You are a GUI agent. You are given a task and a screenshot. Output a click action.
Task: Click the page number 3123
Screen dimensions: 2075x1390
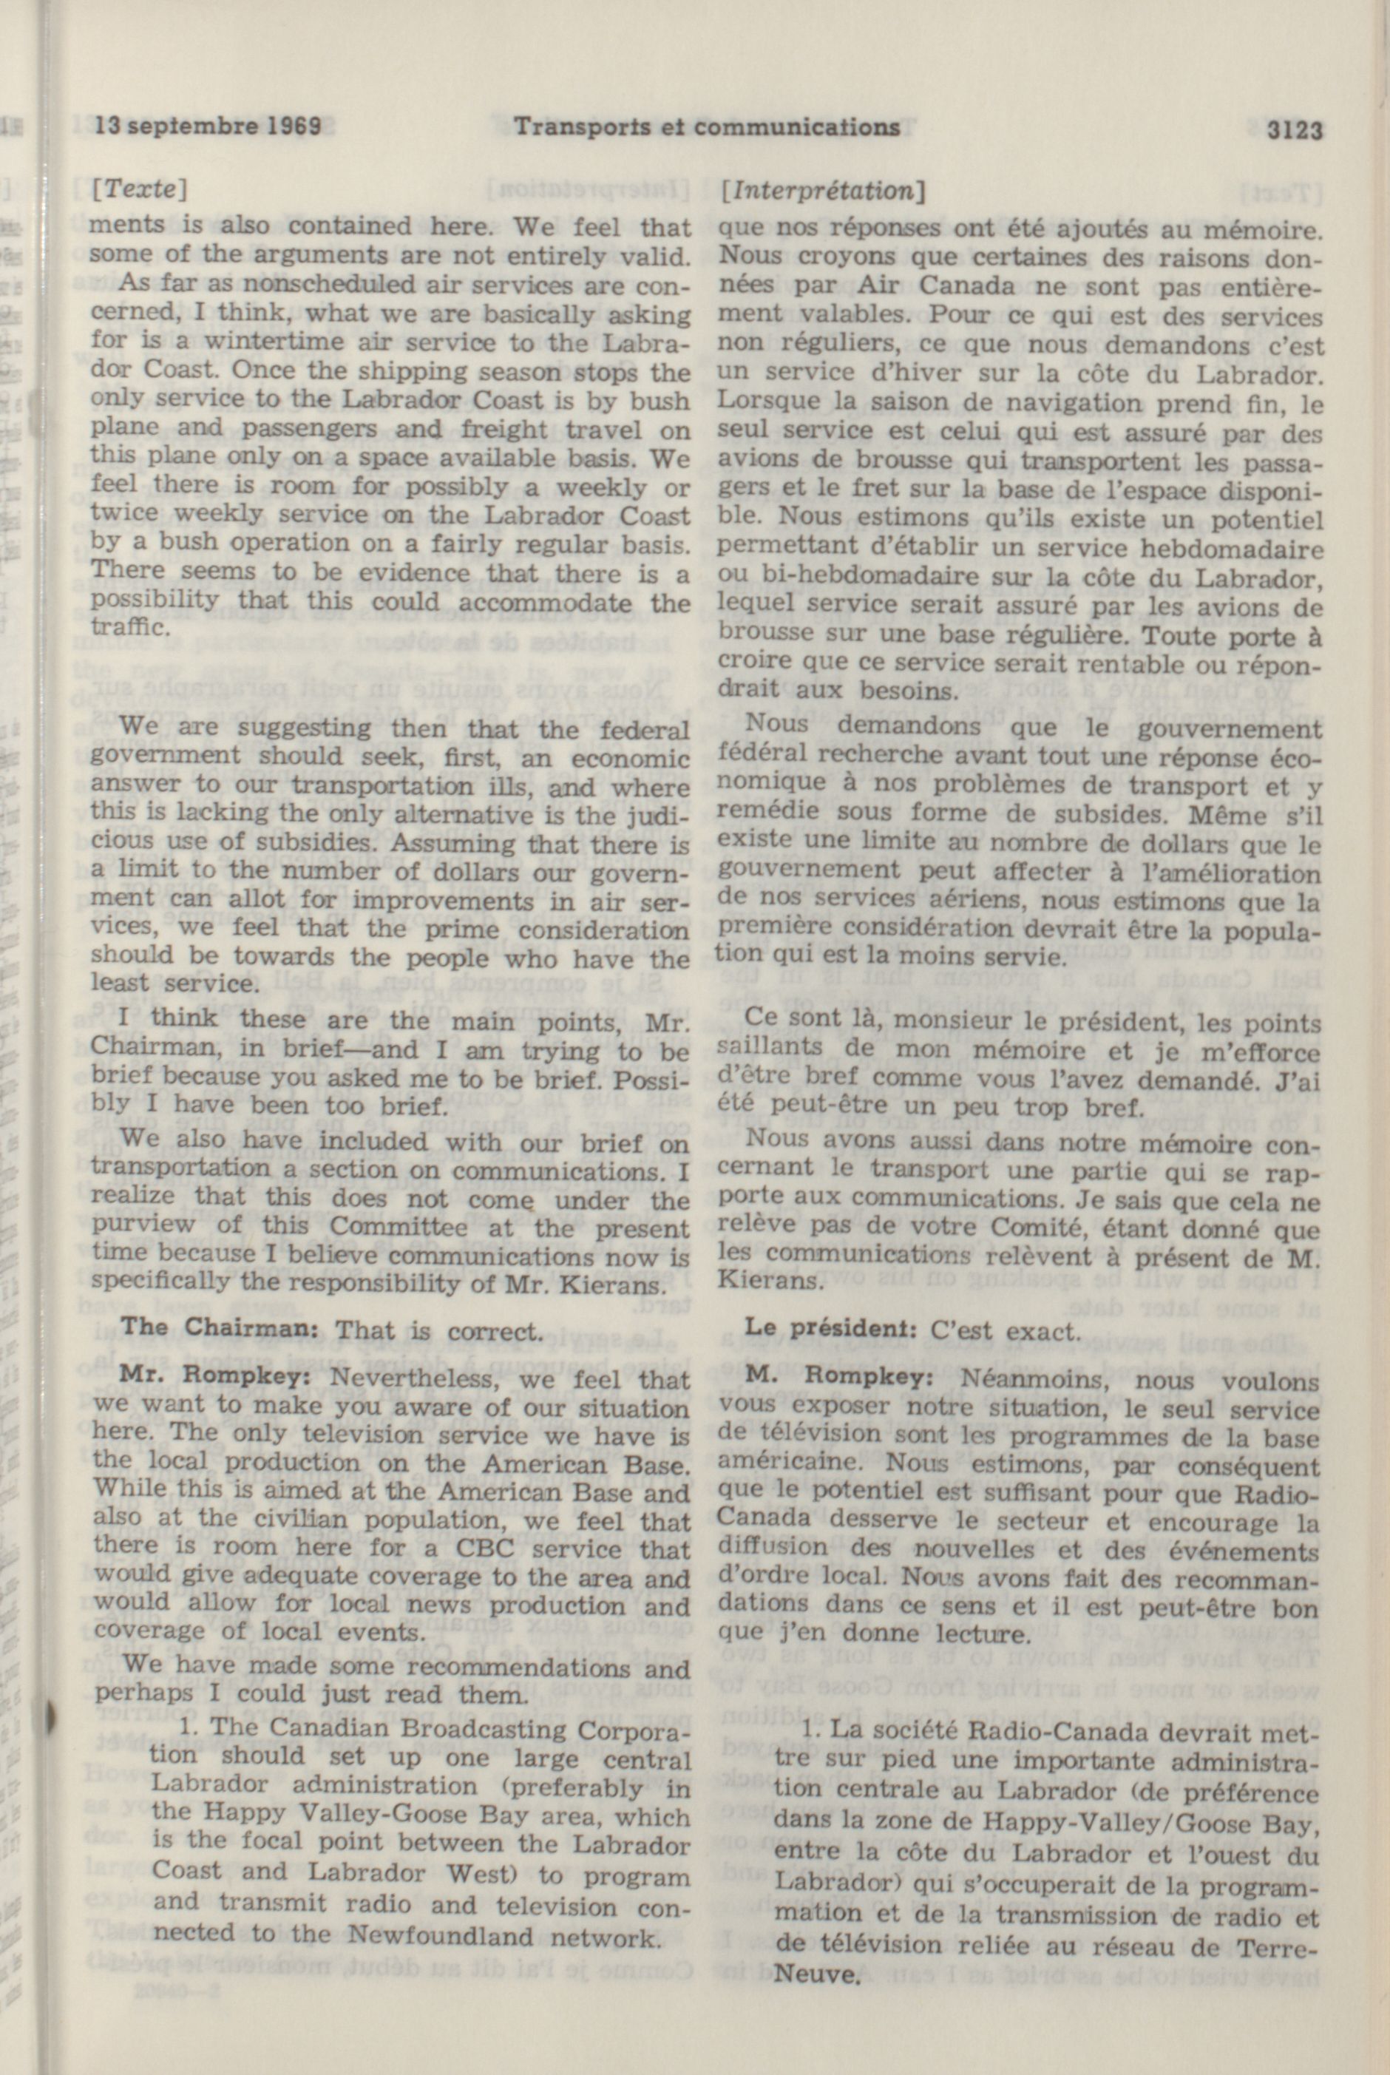pyautogui.click(x=1295, y=131)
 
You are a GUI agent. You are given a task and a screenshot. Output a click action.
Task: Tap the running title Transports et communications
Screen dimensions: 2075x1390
pyautogui.click(x=708, y=128)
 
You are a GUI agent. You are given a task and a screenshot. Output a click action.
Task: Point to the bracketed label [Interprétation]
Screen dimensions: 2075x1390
pyautogui.click(x=824, y=190)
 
